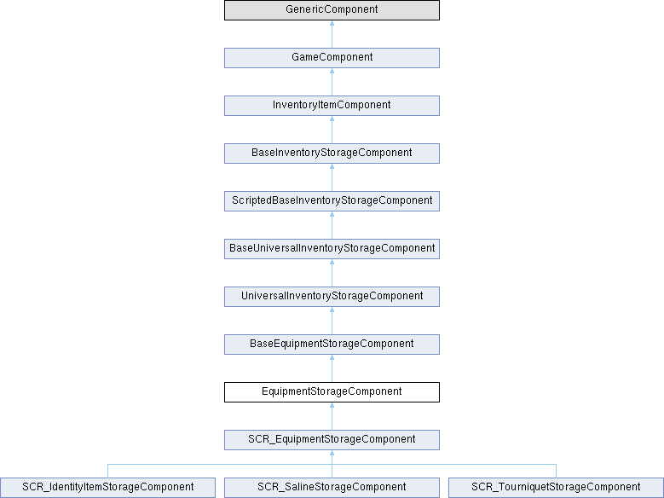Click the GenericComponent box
coord(332,10)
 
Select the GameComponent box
coord(332,58)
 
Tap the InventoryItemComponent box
coord(332,106)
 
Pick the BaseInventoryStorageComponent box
coord(332,153)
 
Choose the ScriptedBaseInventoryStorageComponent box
coord(332,201)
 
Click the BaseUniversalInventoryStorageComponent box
coord(332,249)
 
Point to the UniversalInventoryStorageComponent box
coord(332,297)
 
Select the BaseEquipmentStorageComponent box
coord(332,345)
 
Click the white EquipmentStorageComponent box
coord(332,392)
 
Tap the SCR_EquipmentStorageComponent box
coord(332,440)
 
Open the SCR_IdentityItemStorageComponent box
coord(107,488)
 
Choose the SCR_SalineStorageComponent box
coord(332,488)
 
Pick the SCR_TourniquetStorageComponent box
coord(556,488)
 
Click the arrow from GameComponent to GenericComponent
coord(332,34)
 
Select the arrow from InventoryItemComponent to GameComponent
coord(332,82)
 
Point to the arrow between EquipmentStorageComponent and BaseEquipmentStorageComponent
coord(332,368)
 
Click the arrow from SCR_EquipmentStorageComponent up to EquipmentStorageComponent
coord(332,416)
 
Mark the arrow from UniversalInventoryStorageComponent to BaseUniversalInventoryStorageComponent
coord(332,273)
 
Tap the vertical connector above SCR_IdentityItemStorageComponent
coord(107,472)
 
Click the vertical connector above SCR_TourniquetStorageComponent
coord(556,472)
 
